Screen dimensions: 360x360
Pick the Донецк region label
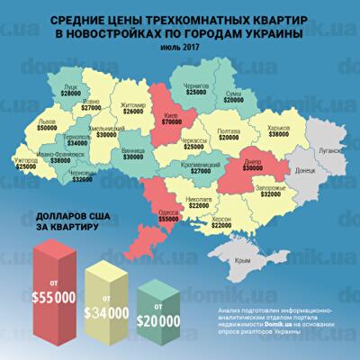click(x=306, y=167)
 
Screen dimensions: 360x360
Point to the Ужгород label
click(x=26, y=159)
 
